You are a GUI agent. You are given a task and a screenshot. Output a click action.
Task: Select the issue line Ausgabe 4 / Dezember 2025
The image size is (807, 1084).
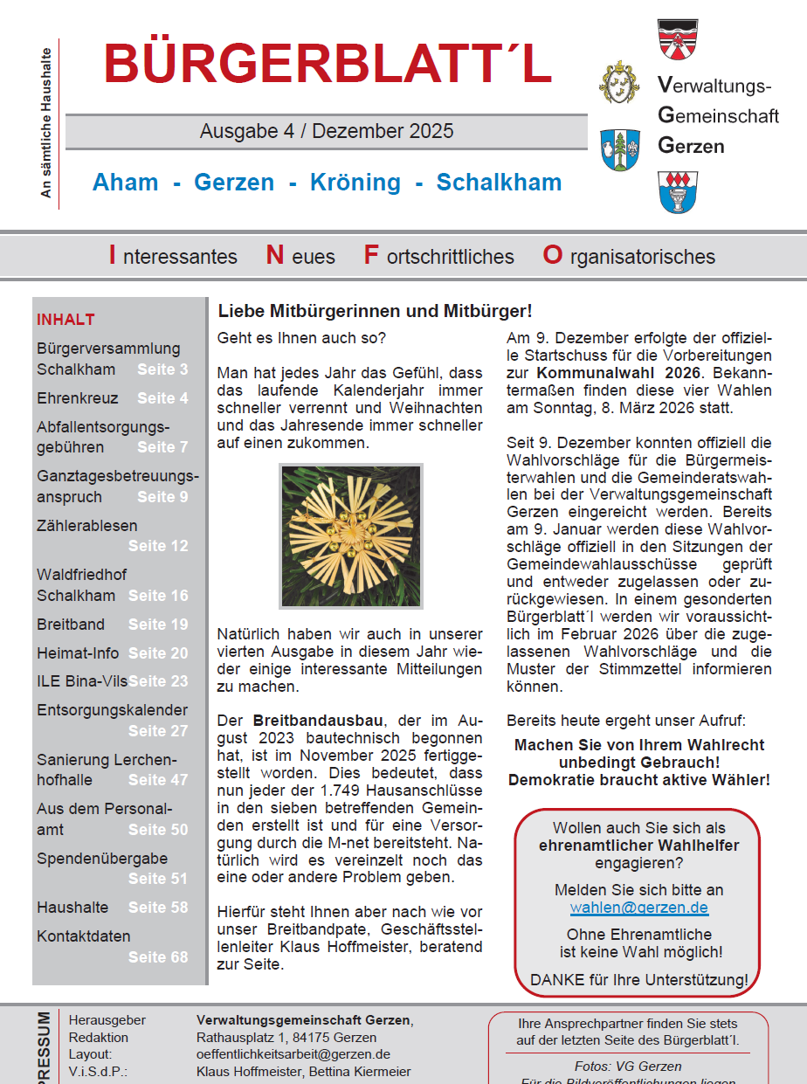coord(327,131)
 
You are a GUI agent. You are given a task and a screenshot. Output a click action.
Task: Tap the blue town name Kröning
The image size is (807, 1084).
coord(355,183)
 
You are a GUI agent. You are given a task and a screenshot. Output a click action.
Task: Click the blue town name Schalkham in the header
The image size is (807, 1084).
coord(499,183)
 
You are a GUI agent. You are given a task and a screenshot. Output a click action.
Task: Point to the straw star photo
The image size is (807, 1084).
coord(351,536)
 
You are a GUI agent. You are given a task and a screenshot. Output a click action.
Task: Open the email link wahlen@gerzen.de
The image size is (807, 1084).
coord(638,908)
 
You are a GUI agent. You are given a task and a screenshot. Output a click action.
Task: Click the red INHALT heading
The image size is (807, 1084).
coord(66,320)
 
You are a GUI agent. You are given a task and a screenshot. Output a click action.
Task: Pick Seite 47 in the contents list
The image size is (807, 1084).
coord(158,780)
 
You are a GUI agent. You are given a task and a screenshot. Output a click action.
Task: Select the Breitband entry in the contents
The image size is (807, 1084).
coord(71,625)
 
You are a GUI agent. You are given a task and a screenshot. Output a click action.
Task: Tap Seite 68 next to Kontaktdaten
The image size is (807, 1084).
coord(158,956)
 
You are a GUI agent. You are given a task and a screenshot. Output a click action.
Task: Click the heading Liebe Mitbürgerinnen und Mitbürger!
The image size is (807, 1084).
coord(375,311)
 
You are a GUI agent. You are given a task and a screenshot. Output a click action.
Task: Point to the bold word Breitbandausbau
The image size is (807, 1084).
coord(318,721)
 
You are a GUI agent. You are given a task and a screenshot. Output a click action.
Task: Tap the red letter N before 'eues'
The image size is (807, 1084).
coord(275,255)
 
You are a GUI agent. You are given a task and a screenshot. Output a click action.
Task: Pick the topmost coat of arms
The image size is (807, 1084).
coord(677,39)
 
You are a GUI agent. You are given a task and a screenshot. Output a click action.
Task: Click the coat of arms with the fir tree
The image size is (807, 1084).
coord(620,149)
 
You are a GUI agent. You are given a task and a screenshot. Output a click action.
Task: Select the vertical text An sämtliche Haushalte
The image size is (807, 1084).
coord(47,123)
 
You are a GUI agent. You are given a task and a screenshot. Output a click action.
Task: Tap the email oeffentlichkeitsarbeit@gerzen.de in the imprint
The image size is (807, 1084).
coord(293,1054)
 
